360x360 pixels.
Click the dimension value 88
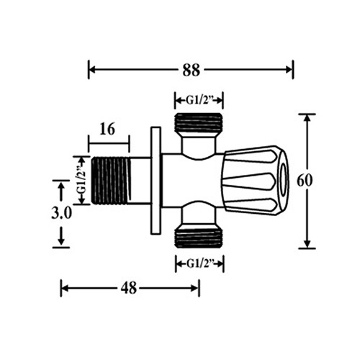click(x=191, y=71)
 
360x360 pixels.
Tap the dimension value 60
click(x=305, y=181)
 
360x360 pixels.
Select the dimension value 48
click(x=129, y=288)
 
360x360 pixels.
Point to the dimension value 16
click(x=107, y=129)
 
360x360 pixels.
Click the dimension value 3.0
click(x=62, y=213)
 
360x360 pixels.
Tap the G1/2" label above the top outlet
click(x=199, y=101)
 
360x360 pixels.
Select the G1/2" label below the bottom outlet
click(x=199, y=264)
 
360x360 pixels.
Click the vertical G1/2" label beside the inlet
click(x=82, y=180)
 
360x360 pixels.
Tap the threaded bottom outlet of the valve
click(x=199, y=235)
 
